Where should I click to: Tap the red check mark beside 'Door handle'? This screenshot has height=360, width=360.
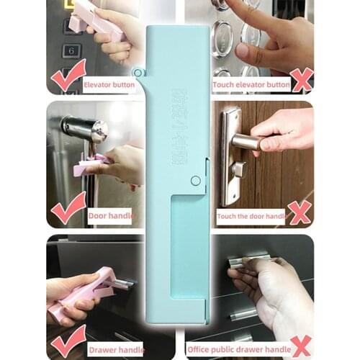tap(68, 209)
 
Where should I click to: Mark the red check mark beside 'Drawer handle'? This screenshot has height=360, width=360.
tap(68, 339)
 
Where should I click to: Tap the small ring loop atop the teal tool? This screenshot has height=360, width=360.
tap(137, 72)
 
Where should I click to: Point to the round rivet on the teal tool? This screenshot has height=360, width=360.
tap(195, 181)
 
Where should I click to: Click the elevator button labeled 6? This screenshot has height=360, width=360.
tap(71, 50)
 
